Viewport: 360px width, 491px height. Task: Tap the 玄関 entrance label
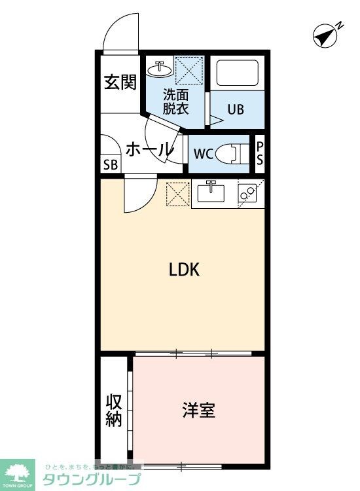[120, 82]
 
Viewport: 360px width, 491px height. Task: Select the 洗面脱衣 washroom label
[176, 101]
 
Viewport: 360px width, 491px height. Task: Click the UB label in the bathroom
[235, 109]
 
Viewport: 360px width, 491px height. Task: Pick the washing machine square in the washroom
[191, 71]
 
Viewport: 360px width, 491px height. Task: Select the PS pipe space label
[260, 155]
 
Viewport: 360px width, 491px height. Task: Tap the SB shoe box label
[110, 164]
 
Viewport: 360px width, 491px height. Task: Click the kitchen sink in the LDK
[210, 193]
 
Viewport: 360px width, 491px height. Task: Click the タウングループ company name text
[91, 479]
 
